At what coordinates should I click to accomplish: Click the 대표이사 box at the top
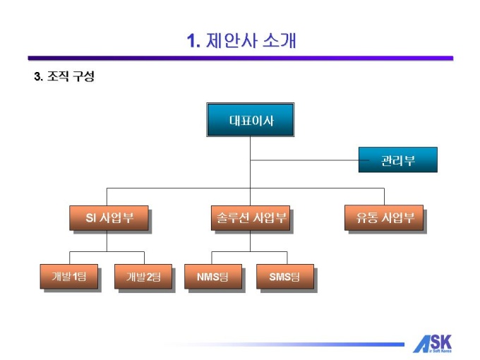tap(250, 120)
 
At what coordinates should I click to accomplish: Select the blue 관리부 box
tap(397, 160)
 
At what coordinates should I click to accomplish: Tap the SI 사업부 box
tap(109, 217)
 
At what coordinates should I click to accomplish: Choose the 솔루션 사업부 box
tap(250, 217)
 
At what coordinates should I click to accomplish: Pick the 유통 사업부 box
tap(383, 217)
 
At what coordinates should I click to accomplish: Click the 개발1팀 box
tap(68, 276)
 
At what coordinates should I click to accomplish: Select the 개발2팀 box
tap(143, 276)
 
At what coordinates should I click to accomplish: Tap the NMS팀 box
tap(212, 276)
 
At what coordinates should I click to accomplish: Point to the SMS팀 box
tap(284, 276)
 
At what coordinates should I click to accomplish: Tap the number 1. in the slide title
tap(194, 41)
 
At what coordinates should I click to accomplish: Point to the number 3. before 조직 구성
tap(38, 76)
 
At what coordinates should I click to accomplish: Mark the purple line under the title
tap(240, 58)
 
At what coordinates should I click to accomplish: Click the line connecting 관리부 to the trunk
tap(304, 160)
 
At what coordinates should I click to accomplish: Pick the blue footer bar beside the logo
tap(296, 344)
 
